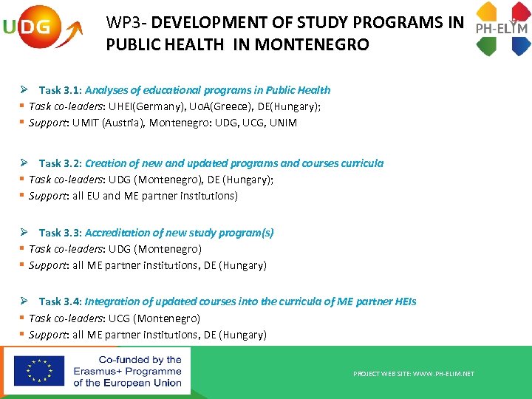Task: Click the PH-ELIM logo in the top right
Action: point(502,29)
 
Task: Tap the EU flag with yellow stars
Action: point(39,370)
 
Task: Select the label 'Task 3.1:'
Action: point(61,90)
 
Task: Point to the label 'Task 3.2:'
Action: point(61,163)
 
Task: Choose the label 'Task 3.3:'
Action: point(61,233)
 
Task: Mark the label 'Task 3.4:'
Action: point(61,301)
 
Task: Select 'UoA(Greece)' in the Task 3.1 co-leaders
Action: point(205,106)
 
